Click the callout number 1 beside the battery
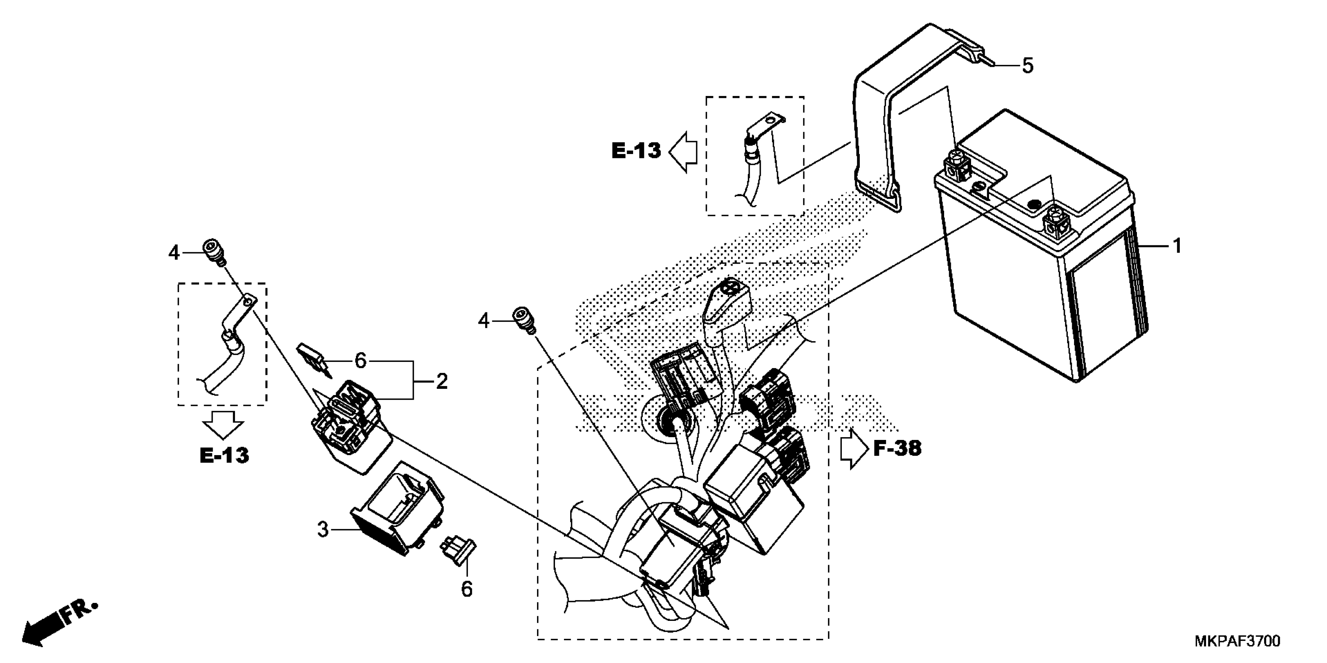[x=1177, y=246]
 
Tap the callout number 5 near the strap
[x=1027, y=66]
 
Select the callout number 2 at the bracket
[x=441, y=381]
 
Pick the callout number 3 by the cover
[x=322, y=529]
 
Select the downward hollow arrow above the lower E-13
[x=222, y=425]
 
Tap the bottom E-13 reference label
[x=224, y=456]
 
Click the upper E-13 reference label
[x=636, y=151]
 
